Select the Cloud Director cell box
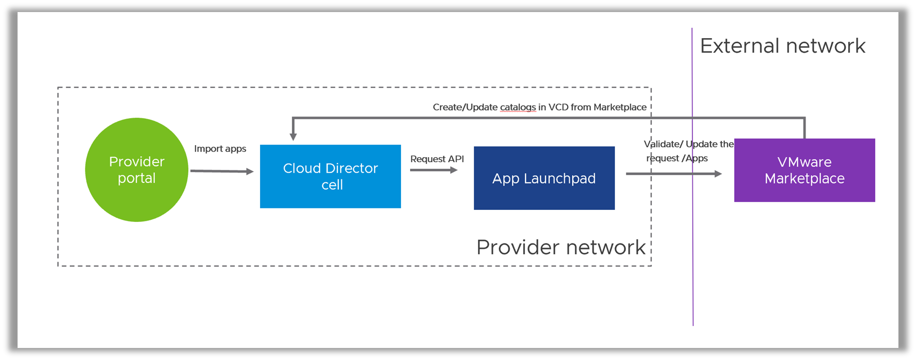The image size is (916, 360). (330, 176)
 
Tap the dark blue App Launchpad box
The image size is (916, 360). (544, 178)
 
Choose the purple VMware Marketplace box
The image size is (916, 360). (805, 170)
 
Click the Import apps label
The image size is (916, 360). (220, 149)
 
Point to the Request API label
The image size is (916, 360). (437, 159)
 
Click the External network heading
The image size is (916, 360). (782, 46)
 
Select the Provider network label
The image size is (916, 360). (561, 247)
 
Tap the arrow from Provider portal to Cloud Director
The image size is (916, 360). (222, 171)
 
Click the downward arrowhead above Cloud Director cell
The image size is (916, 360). (293, 136)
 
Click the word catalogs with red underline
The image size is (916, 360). (517, 107)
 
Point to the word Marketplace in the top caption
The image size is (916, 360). (620, 107)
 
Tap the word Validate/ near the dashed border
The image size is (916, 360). (663, 144)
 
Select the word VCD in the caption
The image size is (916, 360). (558, 107)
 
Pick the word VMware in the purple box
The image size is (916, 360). (804, 162)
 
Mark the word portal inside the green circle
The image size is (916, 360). (137, 178)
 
